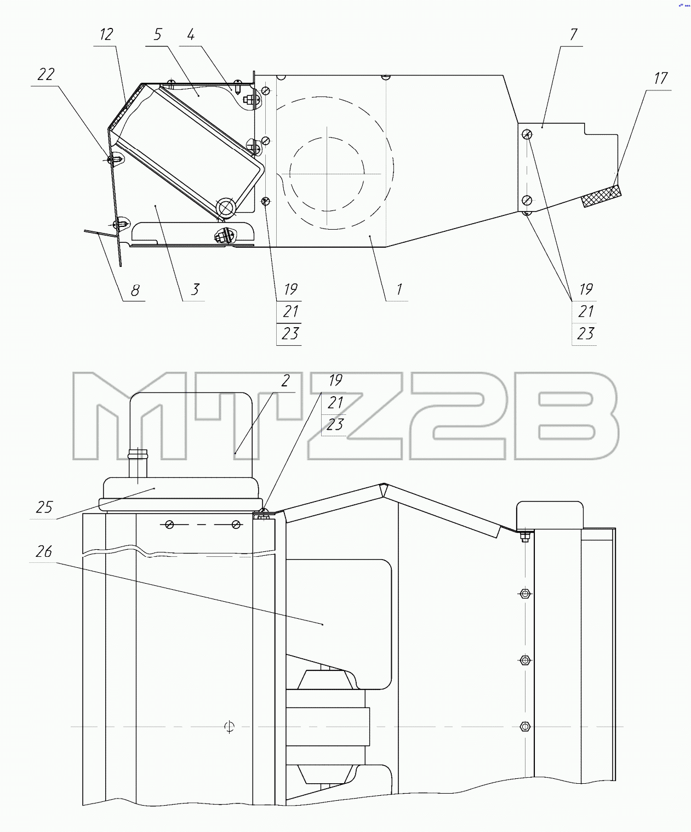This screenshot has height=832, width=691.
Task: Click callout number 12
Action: [106, 35]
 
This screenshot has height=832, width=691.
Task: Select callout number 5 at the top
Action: [158, 35]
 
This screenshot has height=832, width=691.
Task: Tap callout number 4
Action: [191, 35]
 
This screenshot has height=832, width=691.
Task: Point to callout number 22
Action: [46, 75]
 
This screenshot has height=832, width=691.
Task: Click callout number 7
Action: [573, 35]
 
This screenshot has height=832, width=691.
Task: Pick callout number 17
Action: [660, 78]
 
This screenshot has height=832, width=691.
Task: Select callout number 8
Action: [135, 290]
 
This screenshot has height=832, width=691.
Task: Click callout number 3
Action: [195, 289]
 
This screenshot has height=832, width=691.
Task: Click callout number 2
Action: [285, 381]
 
